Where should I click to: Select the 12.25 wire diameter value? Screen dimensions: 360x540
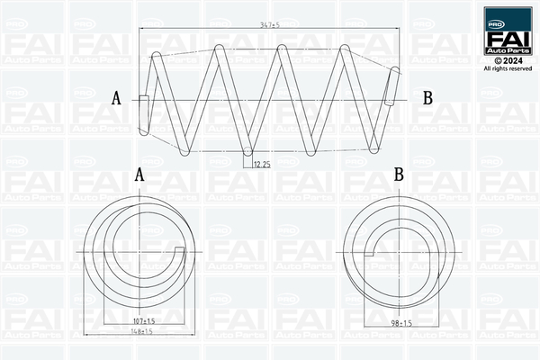click(x=262, y=164)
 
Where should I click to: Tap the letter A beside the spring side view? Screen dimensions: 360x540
click(x=116, y=98)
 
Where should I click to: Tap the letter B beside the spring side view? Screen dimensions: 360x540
click(x=427, y=98)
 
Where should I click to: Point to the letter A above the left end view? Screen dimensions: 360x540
click(x=139, y=175)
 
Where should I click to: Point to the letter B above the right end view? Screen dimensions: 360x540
click(x=398, y=175)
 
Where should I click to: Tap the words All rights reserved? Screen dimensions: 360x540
click(x=508, y=68)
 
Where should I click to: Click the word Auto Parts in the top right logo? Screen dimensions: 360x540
click(x=508, y=51)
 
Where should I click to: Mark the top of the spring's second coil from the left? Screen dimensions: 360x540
click(x=218, y=50)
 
